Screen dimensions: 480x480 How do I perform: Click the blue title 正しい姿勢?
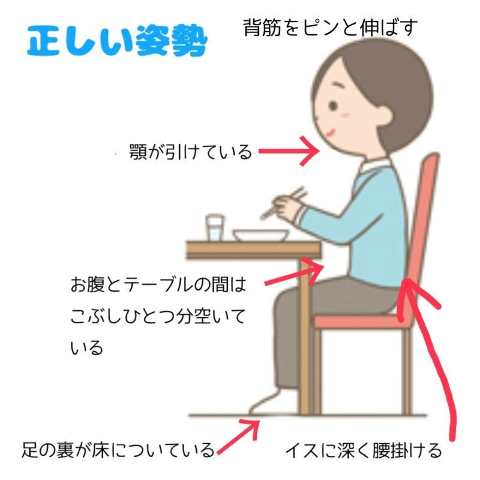tap(117, 41)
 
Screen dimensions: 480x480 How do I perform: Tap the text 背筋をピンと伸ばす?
tap(331, 28)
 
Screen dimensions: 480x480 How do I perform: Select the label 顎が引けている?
tap(190, 152)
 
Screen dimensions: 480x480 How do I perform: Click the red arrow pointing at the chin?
tap(289, 151)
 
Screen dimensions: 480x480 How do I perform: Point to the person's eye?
tap(333, 106)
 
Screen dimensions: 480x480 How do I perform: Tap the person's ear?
tap(384, 117)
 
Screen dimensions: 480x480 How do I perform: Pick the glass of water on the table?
tap(215, 228)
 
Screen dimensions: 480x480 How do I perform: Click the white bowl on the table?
tap(261, 235)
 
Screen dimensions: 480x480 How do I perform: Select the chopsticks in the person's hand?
tap(283, 203)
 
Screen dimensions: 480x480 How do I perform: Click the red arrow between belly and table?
tap(294, 273)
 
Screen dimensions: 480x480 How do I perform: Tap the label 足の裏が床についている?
tap(118, 449)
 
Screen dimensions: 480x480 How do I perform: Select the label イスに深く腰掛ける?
tap(364, 451)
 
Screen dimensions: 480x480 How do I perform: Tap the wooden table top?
tap(253, 250)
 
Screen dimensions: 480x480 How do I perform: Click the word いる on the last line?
tap(86, 348)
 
